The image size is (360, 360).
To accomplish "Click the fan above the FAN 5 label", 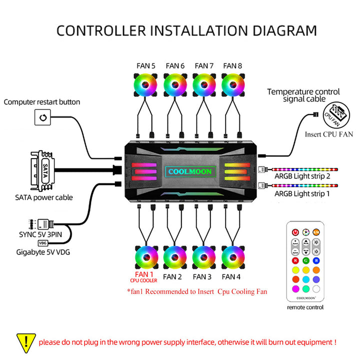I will click(146, 85).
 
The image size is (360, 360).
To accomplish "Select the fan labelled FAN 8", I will click(233, 85).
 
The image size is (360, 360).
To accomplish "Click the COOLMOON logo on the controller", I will click(190, 171).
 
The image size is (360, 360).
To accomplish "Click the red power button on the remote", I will click(295, 232).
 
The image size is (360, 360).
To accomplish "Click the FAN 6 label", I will click(175, 65).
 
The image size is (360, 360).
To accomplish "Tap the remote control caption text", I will click(305, 307).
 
